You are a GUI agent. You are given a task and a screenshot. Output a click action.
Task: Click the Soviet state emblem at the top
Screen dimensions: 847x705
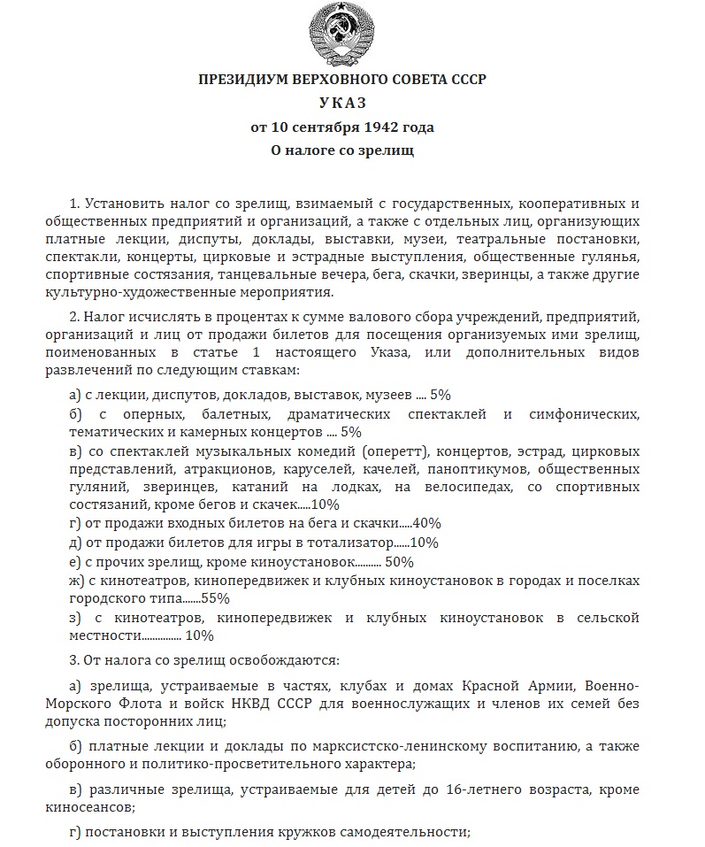tap(342, 35)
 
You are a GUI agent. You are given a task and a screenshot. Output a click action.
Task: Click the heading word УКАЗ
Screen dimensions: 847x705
tap(342, 103)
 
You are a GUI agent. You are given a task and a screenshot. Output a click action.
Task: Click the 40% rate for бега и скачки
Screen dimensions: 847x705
tap(426, 523)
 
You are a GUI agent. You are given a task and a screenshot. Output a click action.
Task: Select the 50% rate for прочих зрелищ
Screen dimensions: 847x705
tap(399, 561)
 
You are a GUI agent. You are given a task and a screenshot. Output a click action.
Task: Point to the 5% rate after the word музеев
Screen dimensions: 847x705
tap(441, 395)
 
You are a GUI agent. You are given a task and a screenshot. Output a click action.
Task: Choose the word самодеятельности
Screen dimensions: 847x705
tap(407, 832)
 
